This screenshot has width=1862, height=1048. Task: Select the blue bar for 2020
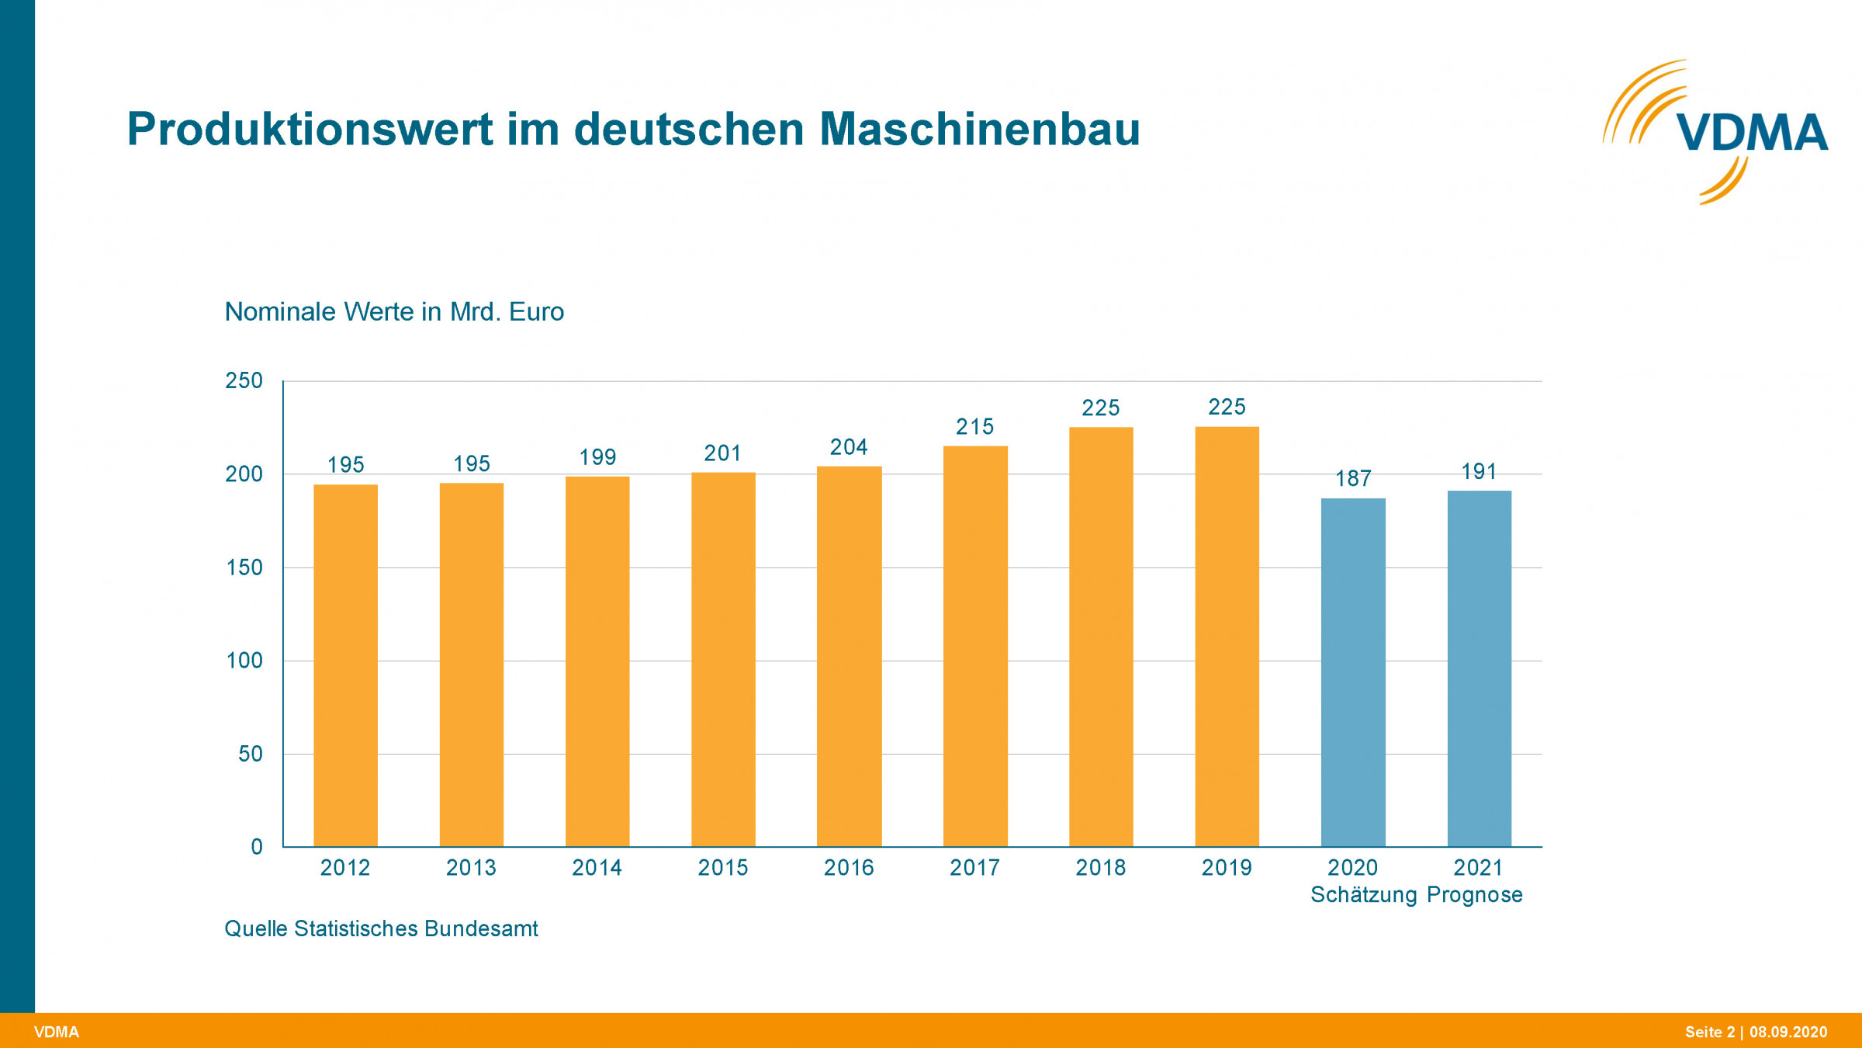[x=1353, y=672]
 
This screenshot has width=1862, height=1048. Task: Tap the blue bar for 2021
[x=1479, y=668]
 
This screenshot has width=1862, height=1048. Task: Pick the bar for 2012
[x=345, y=665]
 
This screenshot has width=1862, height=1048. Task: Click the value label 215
[x=974, y=427]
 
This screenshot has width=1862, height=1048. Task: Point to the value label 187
[x=1353, y=478]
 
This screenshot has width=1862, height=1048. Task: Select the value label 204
[x=849, y=447]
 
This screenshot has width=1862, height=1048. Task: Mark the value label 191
[x=1479, y=471]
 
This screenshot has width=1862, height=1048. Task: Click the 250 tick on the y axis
[x=244, y=380]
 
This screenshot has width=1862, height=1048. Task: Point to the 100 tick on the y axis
[x=244, y=661]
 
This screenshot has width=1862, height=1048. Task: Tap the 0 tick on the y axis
[x=257, y=847]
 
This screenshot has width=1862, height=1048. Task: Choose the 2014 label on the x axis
[x=597, y=868]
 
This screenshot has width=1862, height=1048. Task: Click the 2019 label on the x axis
[x=1227, y=868]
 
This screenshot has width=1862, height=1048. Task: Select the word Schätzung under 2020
[x=1364, y=895]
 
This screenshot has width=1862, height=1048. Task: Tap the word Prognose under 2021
[x=1474, y=895]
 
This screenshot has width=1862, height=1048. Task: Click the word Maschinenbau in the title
[x=980, y=129]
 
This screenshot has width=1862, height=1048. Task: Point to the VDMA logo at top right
[x=1718, y=132]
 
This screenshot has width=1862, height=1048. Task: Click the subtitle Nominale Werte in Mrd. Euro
[x=394, y=312]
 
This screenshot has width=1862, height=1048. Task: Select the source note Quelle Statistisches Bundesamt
[x=381, y=928]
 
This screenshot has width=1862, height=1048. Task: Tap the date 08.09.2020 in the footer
[x=1788, y=1032]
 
